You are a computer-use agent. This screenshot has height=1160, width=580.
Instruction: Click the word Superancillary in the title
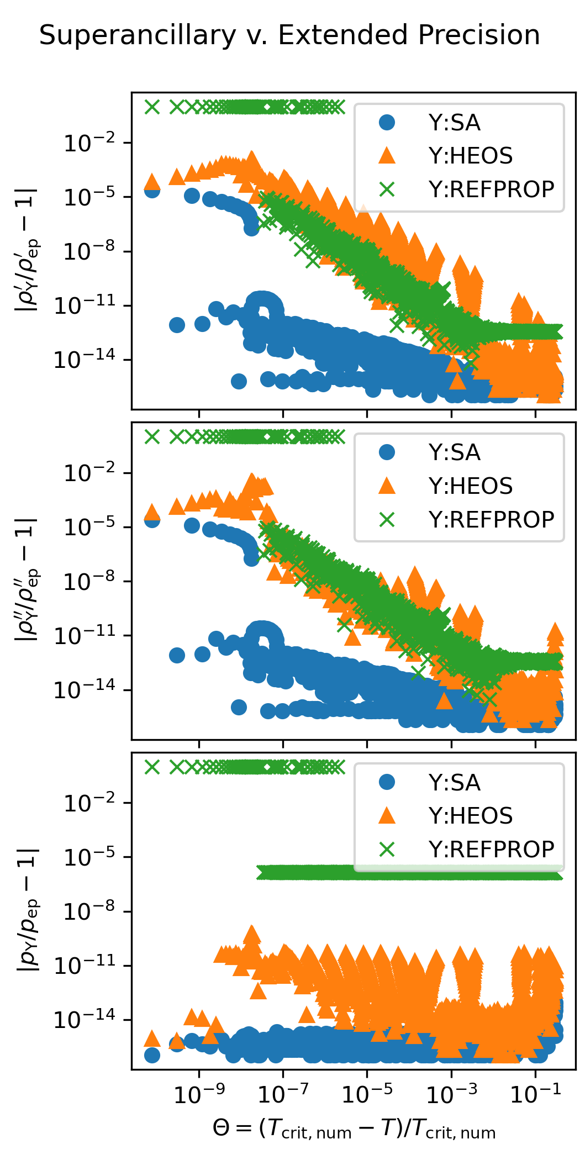[138, 35]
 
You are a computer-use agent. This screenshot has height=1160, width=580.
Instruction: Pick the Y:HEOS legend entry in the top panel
[470, 156]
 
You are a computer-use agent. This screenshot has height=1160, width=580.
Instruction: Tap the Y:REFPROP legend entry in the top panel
[491, 189]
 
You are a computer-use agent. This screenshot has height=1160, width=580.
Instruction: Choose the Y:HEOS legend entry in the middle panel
[470, 486]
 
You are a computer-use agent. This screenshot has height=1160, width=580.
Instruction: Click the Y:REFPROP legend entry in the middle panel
[491, 520]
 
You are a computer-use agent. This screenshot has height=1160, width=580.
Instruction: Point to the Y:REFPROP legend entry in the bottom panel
[491, 850]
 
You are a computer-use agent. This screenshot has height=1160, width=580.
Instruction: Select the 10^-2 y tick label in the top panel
[90, 144]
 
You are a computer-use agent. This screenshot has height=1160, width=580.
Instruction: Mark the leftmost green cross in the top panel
[152, 107]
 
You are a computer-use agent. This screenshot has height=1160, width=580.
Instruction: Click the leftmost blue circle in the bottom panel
[152, 1055]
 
